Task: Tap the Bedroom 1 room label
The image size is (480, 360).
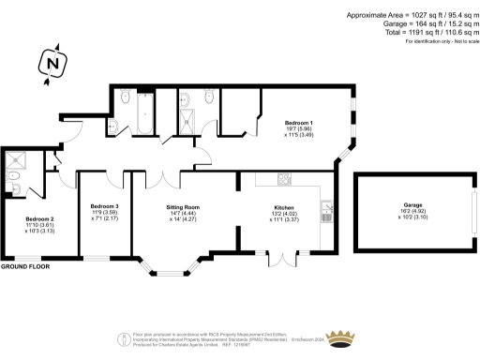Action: pos(299,123)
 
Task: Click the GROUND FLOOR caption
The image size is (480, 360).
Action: pos(24,268)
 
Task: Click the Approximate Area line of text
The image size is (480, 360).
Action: pos(410,16)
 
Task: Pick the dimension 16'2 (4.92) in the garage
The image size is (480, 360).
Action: pos(413,212)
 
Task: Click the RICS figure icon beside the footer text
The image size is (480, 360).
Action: pos(122,338)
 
